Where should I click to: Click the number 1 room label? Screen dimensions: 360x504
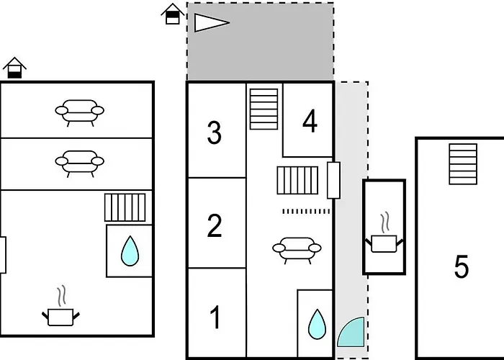click(214, 317)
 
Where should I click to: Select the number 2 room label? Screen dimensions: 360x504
click(214, 226)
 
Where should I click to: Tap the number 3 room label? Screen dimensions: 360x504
click(214, 133)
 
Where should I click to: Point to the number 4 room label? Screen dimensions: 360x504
click(310, 122)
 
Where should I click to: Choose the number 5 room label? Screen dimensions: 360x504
click(462, 267)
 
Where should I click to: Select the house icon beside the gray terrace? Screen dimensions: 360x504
click(172, 14)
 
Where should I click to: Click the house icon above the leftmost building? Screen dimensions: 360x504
click(14, 68)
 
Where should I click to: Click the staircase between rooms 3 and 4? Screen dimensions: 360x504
click(264, 109)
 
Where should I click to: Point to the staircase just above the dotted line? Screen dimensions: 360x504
click(297, 181)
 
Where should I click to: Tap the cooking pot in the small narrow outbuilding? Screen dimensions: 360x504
click(384, 239)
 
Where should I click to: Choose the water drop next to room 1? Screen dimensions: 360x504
click(316, 324)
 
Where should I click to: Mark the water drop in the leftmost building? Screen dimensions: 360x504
click(130, 251)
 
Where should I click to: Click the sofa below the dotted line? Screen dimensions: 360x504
click(297, 249)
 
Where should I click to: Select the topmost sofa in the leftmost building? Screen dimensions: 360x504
click(80, 112)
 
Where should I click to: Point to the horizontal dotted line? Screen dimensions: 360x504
click(305, 211)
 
